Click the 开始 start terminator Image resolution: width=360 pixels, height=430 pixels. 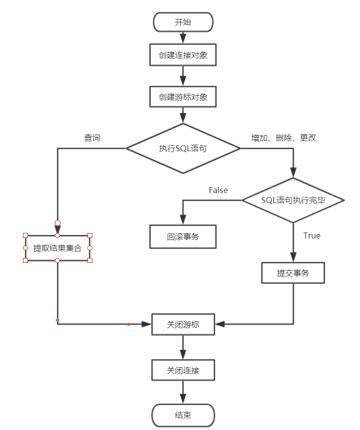tap(183, 22)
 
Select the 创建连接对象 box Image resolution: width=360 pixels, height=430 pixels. tap(183, 55)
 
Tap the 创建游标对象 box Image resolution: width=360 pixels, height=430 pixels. tap(183, 97)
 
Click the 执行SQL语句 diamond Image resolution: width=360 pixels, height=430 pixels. tap(183, 149)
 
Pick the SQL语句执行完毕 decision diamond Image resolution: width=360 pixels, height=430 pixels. tap(293, 200)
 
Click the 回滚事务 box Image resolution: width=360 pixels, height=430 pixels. tap(183, 236)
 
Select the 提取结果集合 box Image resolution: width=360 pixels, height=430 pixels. tap(57, 248)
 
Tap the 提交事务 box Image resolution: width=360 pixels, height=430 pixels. tap(293, 273)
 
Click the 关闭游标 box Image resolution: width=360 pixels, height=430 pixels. tap(183, 324)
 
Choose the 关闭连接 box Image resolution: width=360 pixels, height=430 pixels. tap(183, 371)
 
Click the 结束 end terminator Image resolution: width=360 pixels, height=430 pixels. tap(183, 415)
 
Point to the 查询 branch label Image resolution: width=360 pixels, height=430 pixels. tap(92, 138)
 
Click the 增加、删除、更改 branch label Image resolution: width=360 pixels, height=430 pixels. tap(284, 138)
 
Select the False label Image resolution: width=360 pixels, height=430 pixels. tap(218, 190)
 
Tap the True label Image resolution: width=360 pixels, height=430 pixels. tap(312, 235)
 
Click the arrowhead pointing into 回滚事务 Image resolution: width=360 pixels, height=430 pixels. tap(183, 220)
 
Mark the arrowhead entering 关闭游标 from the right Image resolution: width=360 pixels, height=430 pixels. tap(220, 324)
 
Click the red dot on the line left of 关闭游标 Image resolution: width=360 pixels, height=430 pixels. tap(128, 324)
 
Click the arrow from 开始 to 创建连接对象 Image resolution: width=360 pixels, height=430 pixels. tap(183, 37)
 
